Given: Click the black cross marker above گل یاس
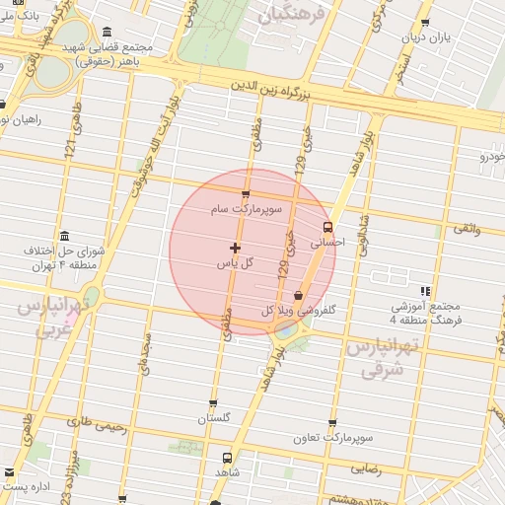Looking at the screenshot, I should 235,247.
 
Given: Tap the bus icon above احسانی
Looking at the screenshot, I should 328,226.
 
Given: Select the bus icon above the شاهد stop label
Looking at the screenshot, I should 228,458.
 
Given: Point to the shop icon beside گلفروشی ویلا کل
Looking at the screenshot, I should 298,295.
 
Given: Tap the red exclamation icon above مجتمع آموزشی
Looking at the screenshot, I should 425,291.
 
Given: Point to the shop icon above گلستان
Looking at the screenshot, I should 213,403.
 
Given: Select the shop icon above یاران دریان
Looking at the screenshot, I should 425,22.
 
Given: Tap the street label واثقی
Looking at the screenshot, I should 465,228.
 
